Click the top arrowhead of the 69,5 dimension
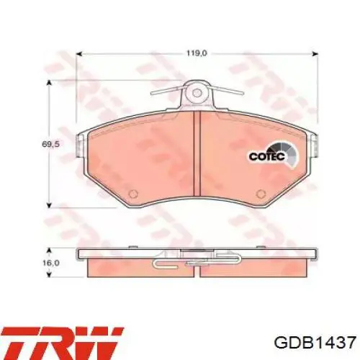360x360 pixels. click(x=48, y=84)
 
